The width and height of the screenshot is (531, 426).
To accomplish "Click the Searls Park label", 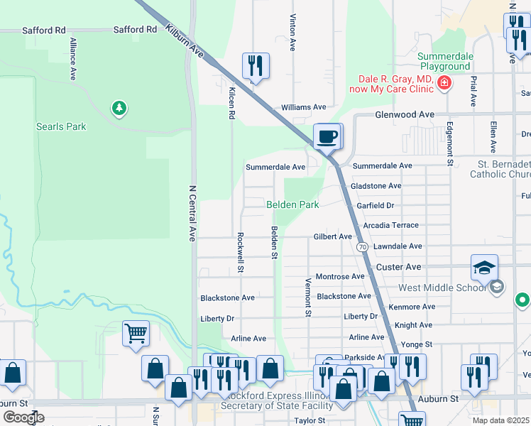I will point(61,126).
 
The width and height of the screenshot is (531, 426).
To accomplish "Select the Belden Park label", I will point(292,204).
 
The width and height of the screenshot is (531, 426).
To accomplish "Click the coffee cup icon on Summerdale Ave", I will point(327,136).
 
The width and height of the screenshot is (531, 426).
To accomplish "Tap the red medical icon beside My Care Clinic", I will point(444,83).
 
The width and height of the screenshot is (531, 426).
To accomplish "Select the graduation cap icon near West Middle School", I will point(484,268).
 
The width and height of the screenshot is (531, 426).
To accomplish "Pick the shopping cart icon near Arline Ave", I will point(136,332).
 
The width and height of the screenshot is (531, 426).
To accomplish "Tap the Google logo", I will point(23,417).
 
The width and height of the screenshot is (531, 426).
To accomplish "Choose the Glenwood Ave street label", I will point(404,114).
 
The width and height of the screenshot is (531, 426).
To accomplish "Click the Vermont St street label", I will point(308,297).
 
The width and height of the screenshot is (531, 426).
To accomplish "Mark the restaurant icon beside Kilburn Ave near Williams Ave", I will point(255,66).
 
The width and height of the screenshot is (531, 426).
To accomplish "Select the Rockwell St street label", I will point(241,252).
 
